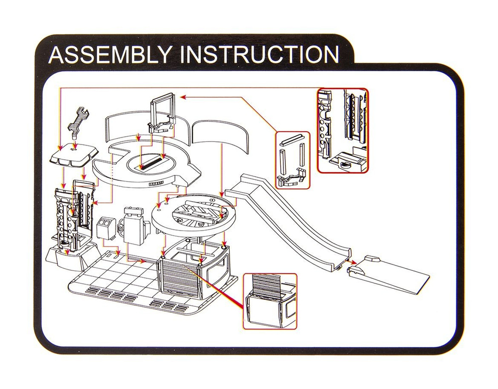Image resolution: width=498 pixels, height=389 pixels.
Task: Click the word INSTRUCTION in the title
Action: [x=259, y=55]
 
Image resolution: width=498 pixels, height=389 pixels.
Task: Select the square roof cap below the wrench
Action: [x=73, y=155]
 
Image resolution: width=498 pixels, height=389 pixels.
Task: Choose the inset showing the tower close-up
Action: [x=343, y=130]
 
